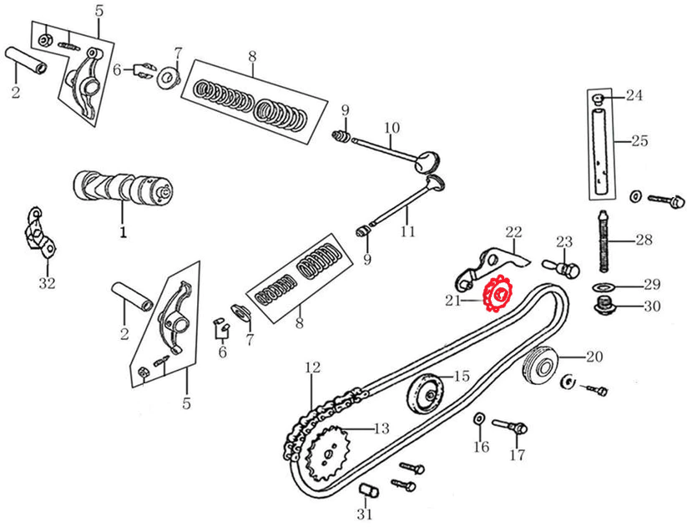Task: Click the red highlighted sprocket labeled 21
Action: (x=500, y=296)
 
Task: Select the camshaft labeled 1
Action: (x=124, y=188)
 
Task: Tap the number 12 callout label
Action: (x=312, y=367)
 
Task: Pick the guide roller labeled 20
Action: (x=540, y=365)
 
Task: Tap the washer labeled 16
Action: (x=479, y=418)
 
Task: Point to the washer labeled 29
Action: (x=601, y=287)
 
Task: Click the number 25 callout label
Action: (x=639, y=141)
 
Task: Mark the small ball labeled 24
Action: (x=599, y=99)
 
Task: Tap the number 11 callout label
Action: (x=407, y=232)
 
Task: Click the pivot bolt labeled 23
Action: (x=564, y=266)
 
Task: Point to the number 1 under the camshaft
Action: (x=123, y=233)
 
